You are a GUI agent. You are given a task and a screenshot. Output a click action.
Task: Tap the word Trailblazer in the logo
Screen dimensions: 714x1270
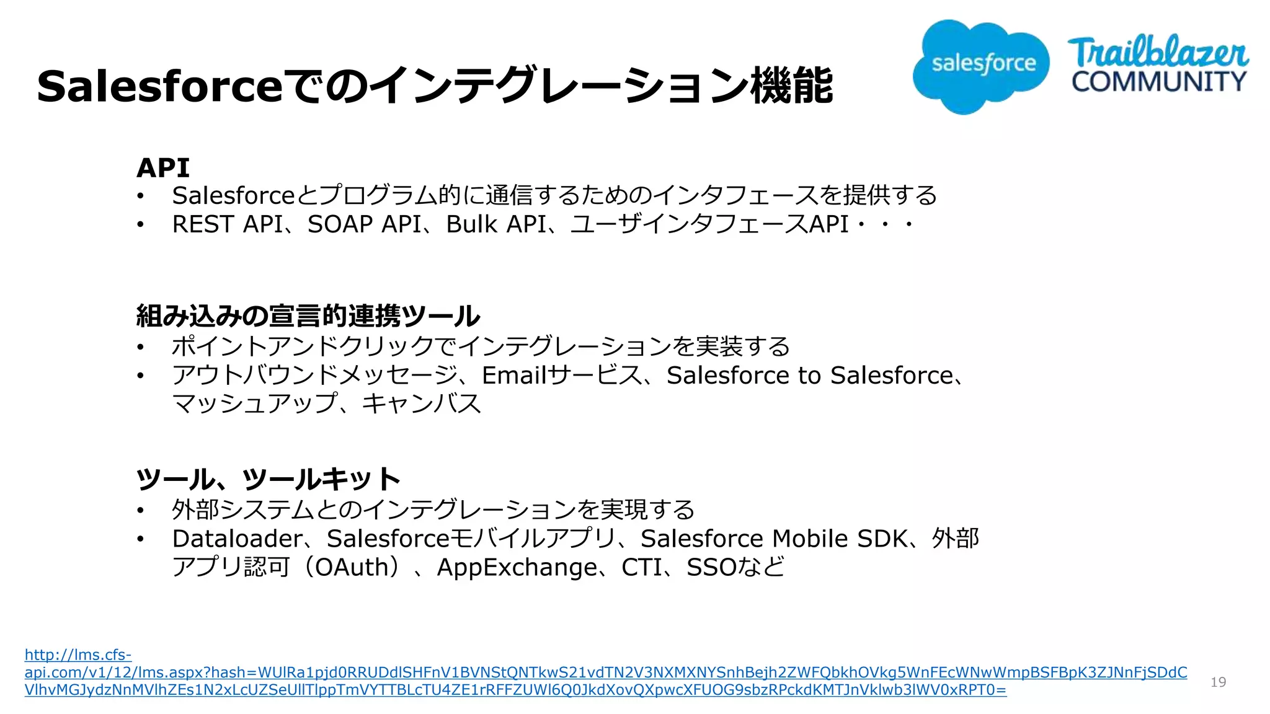pyautogui.click(x=1157, y=53)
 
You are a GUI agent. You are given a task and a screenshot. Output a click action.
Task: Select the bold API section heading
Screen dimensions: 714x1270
pyautogui.click(x=163, y=168)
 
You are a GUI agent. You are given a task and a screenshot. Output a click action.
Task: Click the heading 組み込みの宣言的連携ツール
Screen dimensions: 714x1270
pyautogui.click(x=308, y=316)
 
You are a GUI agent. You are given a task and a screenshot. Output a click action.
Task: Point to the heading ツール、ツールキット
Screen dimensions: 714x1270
pyautogui.click(x=268, y=479)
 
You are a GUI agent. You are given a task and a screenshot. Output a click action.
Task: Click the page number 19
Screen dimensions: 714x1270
pyautogui.click(x=1218, y=682)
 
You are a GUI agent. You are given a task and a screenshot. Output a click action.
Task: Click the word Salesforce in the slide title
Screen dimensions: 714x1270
pyautogui.click(x=160, y=86)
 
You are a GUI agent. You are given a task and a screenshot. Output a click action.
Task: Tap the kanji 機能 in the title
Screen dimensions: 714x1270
pyautogui.click(x=791, y=86)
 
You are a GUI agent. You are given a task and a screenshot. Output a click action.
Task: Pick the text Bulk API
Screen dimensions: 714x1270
pyautogui.click(x=496, y=224)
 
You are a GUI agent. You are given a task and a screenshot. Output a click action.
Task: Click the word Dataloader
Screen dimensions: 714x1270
pyautogui.click(x=238, y=539)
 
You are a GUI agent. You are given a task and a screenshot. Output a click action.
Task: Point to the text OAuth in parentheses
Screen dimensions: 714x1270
pyautogui.click(x=352, y=568)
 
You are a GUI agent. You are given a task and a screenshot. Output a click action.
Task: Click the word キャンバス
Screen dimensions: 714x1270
pyautogui.click(x=422, y=404)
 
